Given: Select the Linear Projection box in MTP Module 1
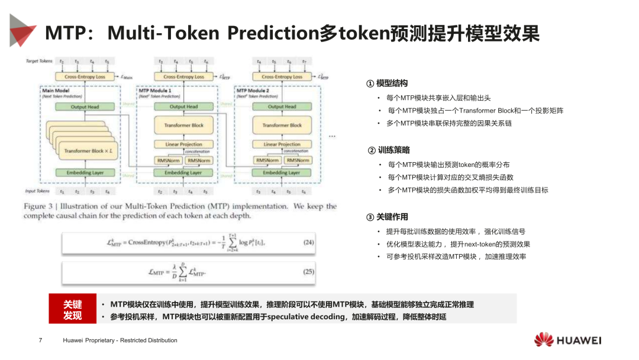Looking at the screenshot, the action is (183, 144).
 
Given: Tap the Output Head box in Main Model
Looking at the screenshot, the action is (85, 107).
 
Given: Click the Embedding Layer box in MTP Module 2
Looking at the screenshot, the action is (282, 173).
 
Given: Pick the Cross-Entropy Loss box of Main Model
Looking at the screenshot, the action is (85, 77).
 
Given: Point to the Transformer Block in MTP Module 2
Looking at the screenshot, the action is (282, 125).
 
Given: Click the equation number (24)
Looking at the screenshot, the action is (308, 242).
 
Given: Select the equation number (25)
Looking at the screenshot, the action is (308, 272).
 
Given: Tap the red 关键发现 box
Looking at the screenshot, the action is (73, 310).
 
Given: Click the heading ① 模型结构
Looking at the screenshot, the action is (387, 83).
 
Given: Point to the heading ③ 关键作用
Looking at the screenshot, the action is (387, 217).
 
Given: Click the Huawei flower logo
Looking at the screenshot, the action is (544, 340).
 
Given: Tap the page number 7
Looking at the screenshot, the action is (40, 340).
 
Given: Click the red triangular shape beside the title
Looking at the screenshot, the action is (22, 30).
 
